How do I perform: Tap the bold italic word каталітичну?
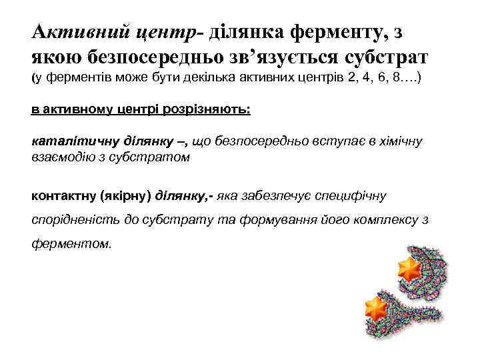pos(71,141)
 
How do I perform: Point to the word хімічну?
pos(399,141)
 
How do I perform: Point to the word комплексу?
pos(376,219)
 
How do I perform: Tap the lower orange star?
pos(376,308)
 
